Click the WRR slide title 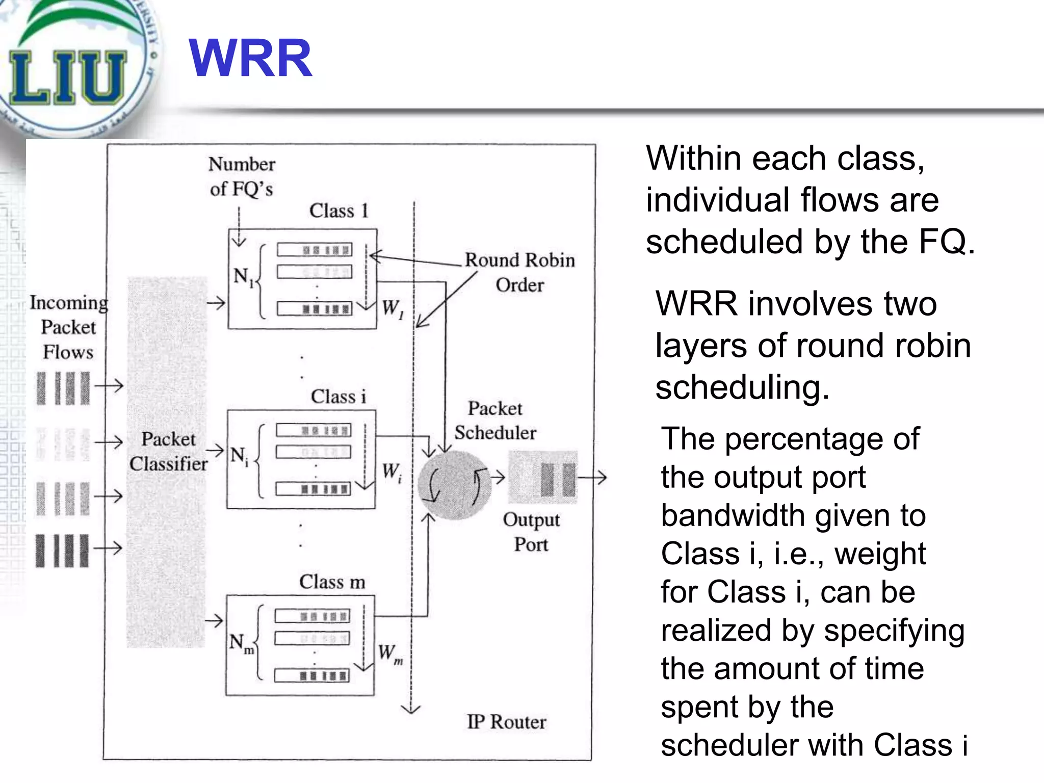[250, 59]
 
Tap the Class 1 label [338, 211]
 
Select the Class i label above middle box [338, 397]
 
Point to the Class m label [332, 582]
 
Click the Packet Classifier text [168, 451]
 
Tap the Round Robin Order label [519, 272]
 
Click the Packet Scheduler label [495, 421]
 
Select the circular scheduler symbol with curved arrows [454, 484]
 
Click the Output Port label [531, 532]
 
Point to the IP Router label [506, 722]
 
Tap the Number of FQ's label [242, 176]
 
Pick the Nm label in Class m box [241, 643]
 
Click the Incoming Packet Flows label [68, 327]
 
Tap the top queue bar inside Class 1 [315, 250]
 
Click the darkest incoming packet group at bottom [62, 551]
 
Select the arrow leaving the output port [592, 478]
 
